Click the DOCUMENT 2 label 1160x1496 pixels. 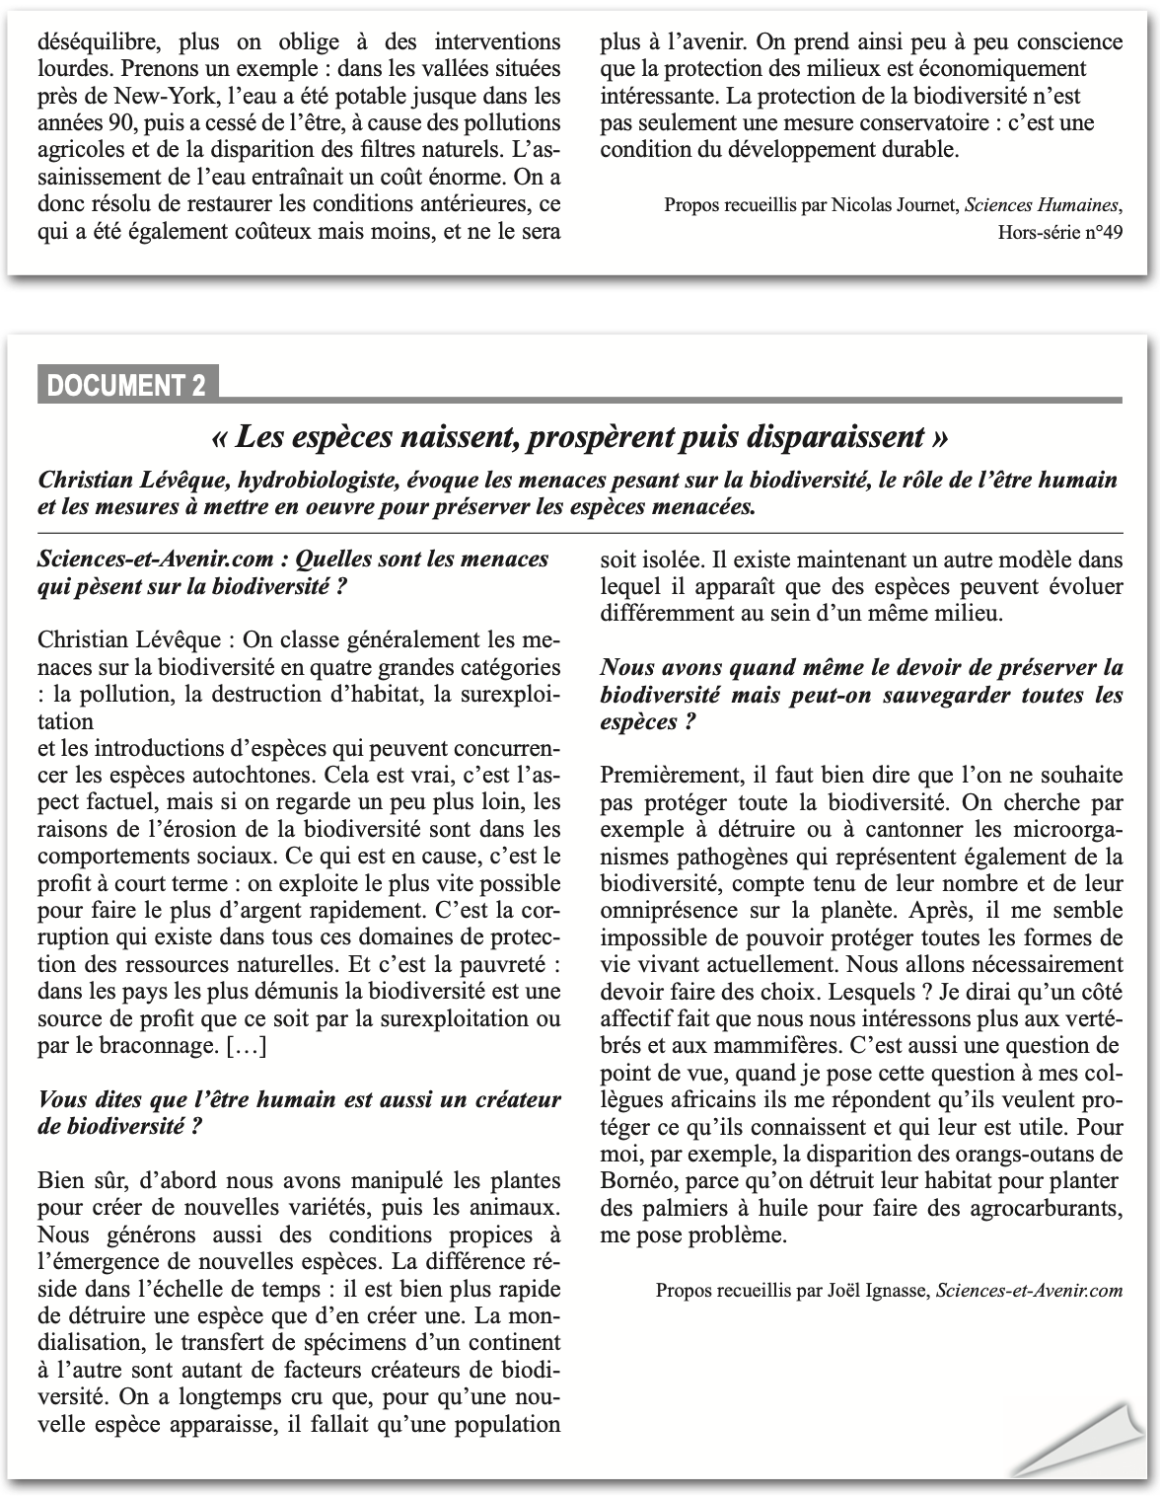tap(127, 385)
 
